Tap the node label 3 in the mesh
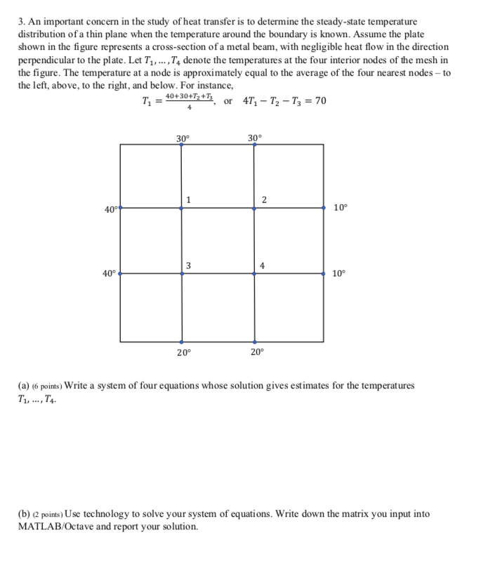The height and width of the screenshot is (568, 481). tap(188, 264)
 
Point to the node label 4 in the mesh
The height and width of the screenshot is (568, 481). tap(262, 264)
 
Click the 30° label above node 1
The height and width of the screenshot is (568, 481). tap(182, 138)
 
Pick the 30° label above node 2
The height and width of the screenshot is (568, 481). tap(254, 138)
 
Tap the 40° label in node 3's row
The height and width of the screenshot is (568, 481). tap(109, 273)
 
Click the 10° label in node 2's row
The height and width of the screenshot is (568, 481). tap(340, 208)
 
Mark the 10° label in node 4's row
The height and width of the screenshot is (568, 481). tap(340, 273)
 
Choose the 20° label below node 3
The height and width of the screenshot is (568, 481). tap(183, 353)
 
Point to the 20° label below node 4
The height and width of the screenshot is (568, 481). tap(255, 353)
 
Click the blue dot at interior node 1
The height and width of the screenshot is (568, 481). tap(182, 208)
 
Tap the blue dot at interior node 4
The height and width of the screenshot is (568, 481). tap(254, 273)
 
